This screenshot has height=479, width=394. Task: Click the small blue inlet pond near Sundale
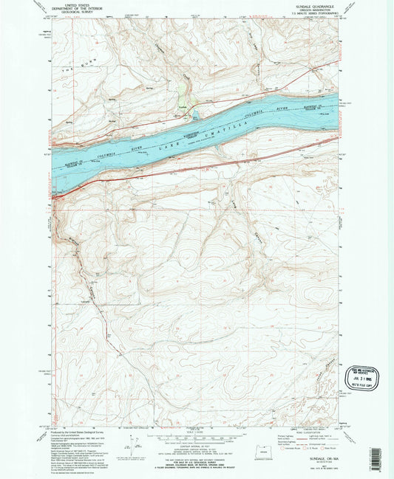click(194, 114)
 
